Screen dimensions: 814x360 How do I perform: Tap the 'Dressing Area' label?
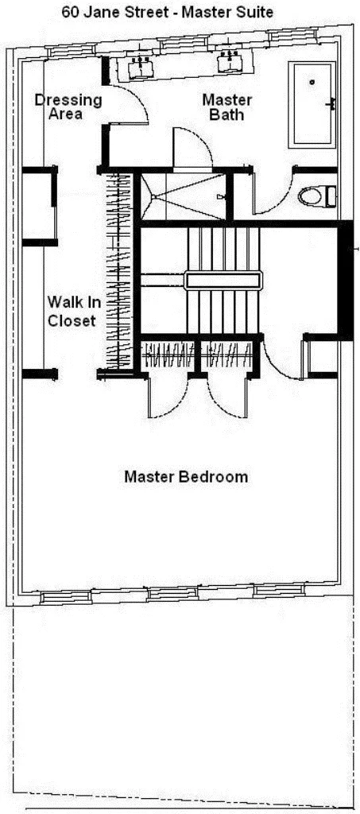(68, 107)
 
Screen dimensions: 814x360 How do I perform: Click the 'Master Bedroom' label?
(186, 477)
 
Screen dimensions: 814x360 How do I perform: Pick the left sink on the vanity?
(141, 64)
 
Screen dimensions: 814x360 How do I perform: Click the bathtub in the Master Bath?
(312, 104)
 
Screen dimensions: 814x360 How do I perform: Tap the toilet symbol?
(316, 196)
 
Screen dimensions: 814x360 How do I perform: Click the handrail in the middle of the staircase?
(223, 280)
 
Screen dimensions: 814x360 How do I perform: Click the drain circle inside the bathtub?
(312, 81)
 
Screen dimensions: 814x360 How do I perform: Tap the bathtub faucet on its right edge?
(332, 103)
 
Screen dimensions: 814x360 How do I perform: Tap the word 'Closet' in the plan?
(72, 321)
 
